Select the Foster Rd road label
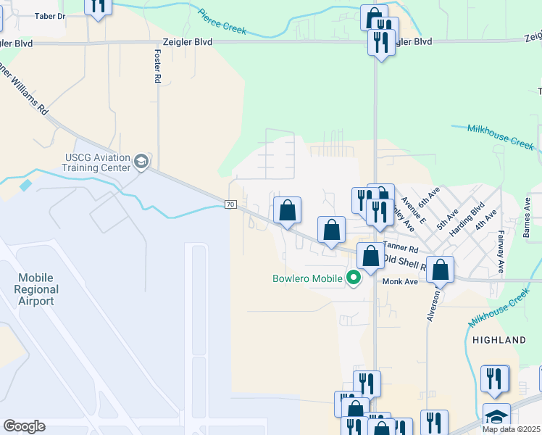(157, 66)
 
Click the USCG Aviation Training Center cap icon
(141, 162)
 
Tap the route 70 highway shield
(230, 205)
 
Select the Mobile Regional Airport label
(36, 289)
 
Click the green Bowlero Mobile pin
(354, 278)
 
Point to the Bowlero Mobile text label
(307, 278)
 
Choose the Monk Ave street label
(401, 281)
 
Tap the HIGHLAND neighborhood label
(499, 339)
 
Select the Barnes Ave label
(528, 221)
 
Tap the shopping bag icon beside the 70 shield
(288, 211)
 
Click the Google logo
(24, 426)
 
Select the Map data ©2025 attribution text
(511, 429)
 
